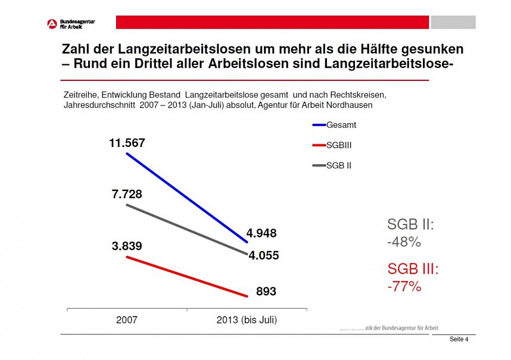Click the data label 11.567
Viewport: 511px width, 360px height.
(x=126, y=143)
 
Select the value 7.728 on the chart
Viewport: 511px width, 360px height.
(x=127, y=195)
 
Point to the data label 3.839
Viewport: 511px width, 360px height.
(x=127, y=246)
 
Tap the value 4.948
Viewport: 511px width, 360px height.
(x=261, y=233)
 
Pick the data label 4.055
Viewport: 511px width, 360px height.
(x=263, y=256)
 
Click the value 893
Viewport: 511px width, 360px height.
(x=266, y=292)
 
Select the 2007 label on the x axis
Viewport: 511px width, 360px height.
(x=126, y=320)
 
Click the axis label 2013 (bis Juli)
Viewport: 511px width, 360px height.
(x=246, y=320)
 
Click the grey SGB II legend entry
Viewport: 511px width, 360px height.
(x=338, y=165)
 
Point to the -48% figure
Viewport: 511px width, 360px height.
(x=404, y=242)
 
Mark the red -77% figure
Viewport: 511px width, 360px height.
(x=404, y=286)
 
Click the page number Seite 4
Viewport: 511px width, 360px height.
(x=459, y=339)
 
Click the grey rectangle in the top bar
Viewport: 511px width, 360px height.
(x=453, y=23)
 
